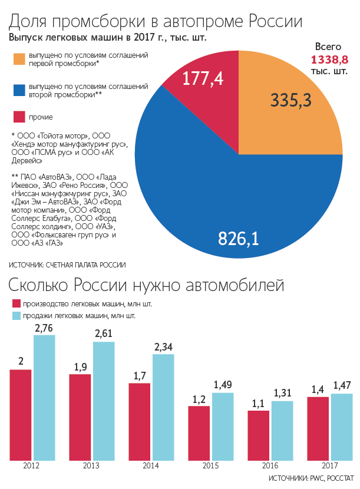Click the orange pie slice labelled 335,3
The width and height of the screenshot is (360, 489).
(x=295, y=106)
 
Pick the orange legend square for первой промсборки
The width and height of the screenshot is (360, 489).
(x=19, y=59)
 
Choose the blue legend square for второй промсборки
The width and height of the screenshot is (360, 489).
(x=19, y=90)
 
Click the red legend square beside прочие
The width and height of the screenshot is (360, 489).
(x=19, y=117)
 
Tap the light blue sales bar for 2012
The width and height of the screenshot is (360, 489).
(x=44, y=398)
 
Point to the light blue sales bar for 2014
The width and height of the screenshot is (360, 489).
(x=163, y=407)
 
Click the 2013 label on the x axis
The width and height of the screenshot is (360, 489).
(x=91, y=465)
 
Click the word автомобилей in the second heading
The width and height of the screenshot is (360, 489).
(x=235, y=286)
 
